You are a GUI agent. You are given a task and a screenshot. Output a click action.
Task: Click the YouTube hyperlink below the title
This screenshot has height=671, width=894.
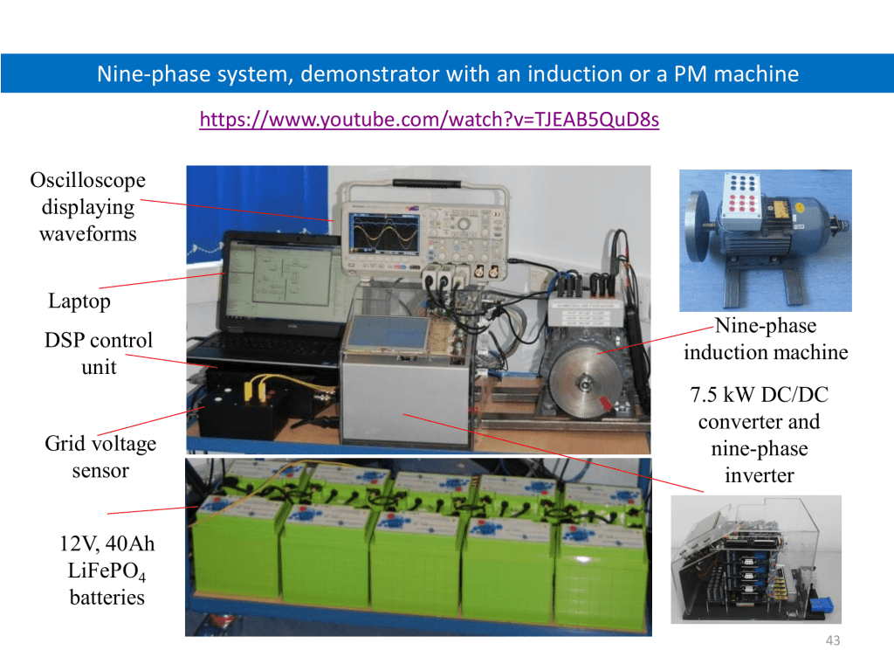tap(430, 119)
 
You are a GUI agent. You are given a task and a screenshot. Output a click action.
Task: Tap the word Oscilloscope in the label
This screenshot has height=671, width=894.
tap(88, 180)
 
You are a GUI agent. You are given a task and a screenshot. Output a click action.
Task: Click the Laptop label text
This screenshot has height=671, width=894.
tap(79, 301)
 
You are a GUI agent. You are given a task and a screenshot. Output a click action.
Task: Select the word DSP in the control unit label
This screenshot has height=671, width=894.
tap(63, 340)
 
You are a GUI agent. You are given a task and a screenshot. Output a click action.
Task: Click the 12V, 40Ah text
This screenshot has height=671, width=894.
tap(107, 543)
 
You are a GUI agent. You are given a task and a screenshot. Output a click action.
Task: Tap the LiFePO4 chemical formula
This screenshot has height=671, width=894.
tap(107, 571)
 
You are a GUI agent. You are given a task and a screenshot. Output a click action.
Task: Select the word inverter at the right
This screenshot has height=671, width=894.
tap(760, 475)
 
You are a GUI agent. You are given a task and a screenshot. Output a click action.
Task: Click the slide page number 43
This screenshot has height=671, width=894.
tap(833, 640)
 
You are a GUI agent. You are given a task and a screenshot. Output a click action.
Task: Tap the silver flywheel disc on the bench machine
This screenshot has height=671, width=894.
tap(584, 382)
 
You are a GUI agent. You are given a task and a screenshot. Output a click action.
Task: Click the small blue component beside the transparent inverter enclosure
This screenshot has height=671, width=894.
tap(822, 605)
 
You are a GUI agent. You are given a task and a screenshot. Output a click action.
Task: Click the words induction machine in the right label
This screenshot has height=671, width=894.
tap(766, 352)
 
